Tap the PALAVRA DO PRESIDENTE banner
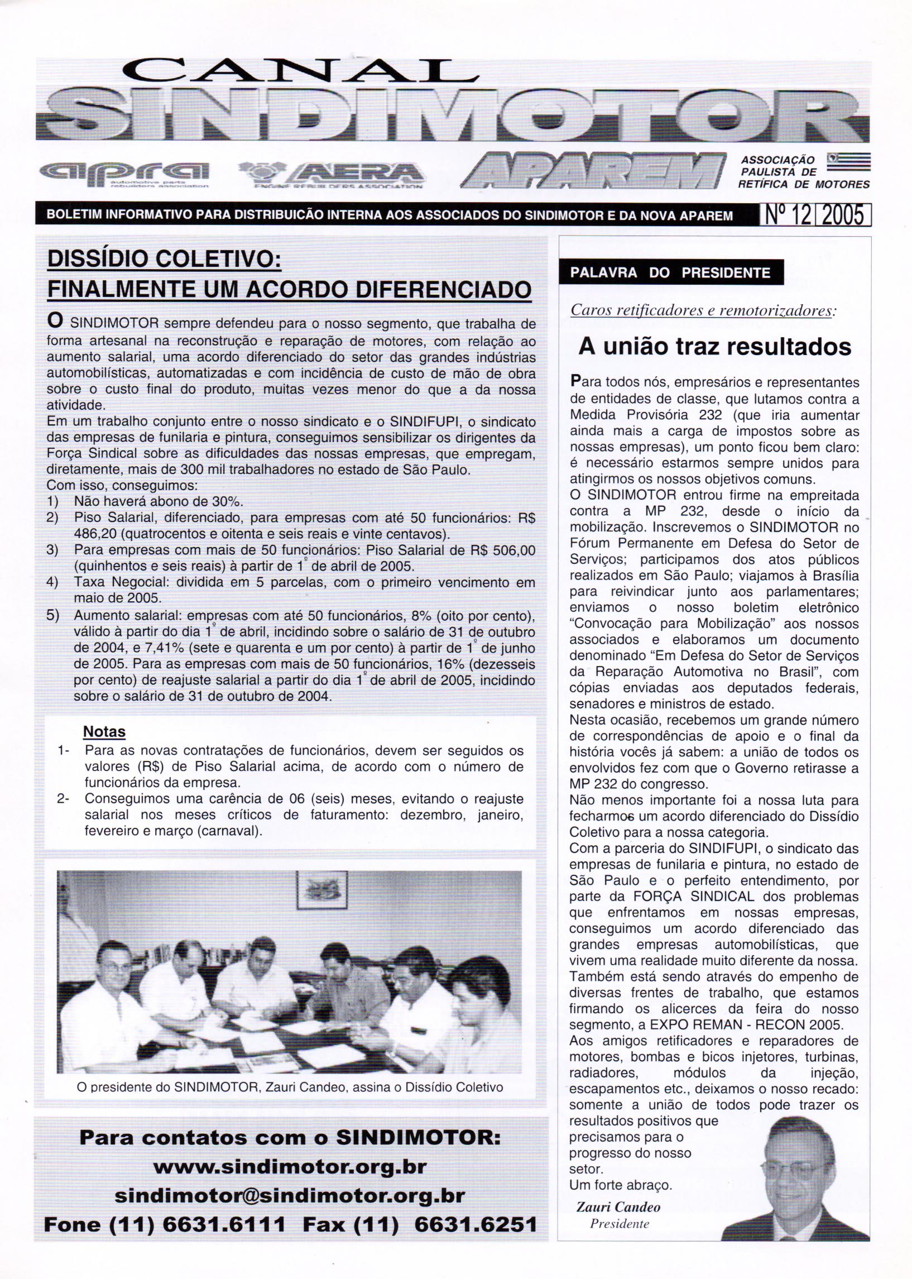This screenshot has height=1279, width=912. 670,272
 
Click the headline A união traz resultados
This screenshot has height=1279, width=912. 715,346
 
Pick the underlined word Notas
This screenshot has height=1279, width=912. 104,731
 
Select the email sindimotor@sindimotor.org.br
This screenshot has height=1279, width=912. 290,1196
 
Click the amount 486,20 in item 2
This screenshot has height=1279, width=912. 94,533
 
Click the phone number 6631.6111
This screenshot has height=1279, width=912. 224,1224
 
